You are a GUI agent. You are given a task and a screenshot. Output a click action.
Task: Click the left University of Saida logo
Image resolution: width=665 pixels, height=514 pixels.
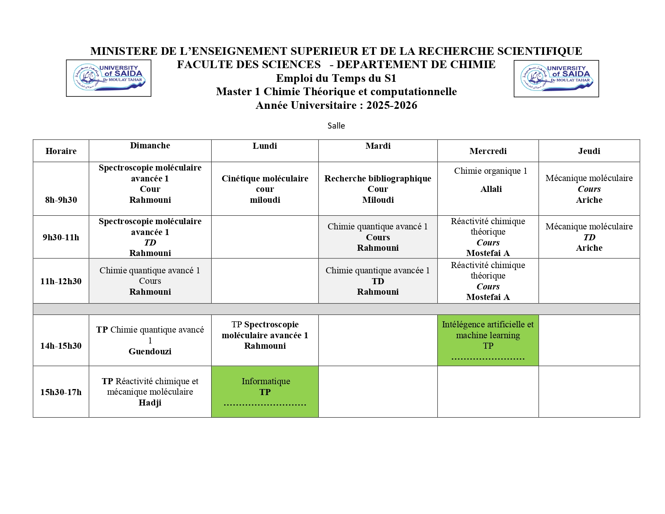108,78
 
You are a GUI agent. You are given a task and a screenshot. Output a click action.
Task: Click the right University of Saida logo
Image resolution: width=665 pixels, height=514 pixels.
556,79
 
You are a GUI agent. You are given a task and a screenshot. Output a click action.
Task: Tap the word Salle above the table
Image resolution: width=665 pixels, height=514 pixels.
336,126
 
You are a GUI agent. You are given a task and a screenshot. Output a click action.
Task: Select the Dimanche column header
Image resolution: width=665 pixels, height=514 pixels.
150,146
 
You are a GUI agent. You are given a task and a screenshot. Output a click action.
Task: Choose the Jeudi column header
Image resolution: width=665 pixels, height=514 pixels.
589,151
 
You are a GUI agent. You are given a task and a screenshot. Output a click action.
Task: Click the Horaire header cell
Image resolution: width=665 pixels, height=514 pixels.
61,151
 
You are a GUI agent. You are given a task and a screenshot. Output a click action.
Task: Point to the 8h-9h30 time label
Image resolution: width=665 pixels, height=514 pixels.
61,200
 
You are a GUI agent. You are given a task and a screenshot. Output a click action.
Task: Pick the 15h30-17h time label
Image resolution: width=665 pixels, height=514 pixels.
61,392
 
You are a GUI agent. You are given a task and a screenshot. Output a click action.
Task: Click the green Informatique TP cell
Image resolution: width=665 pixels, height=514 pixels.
265,391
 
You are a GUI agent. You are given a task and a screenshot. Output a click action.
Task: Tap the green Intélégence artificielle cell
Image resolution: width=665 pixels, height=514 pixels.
488,340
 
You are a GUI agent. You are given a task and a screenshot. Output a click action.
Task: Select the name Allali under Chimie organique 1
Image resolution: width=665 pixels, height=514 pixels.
491,189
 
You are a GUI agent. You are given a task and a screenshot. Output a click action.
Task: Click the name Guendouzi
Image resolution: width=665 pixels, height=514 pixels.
150,352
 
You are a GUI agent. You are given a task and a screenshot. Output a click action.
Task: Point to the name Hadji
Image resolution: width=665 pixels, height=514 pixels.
150,403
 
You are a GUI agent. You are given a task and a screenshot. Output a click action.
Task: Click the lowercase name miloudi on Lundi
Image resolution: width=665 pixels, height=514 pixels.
265,200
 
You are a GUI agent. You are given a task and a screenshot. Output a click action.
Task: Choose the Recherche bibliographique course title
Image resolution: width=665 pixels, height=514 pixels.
378,179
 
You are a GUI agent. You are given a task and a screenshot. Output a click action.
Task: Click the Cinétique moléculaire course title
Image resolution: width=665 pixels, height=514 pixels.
265,179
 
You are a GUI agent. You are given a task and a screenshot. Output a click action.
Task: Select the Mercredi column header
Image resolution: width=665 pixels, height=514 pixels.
488,151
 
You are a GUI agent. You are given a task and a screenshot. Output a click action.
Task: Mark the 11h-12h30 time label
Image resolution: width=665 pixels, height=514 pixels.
61,281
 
